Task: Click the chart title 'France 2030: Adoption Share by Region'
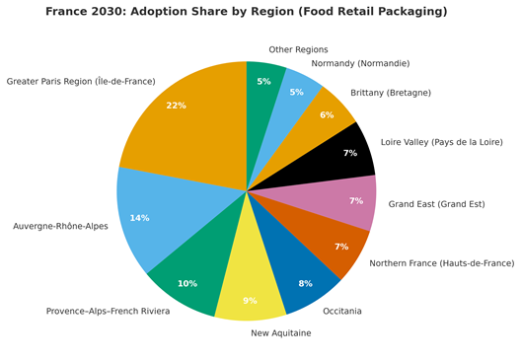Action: pyautogui.click(x=246, y=12)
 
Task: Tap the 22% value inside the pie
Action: pyautogui.click(x=176, y=106)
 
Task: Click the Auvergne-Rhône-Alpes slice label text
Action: pyautogui.click(x=60, y=226)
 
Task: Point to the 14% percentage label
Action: pyautogui.click(x=139, y=218)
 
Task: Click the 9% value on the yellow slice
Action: pyautogui.click(x=250, y=301)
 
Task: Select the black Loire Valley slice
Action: pyautogui.click(x=340, y=158)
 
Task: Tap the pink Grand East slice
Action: pyautogui.click(x=345, y=200)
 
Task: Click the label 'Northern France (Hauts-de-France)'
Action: pyautogui.click(x=441, y=263)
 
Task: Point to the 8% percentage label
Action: pyautogui.click(x=305, y=284)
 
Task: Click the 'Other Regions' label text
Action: pyautogui.click(x=298, y=49)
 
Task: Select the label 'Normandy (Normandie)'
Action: pyautogui.click(x=360, y=63)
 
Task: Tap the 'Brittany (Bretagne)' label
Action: pyautogui.click(x=390, y=93)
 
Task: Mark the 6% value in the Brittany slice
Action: pyautogui.click(x=327, y=115)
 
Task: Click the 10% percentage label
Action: pyautogui.click(x=187, y=284)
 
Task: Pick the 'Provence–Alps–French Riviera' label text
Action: pyautogui.click(x=108, y=311)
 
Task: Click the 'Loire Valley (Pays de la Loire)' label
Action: pyautogui.click(x=441, y=142)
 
